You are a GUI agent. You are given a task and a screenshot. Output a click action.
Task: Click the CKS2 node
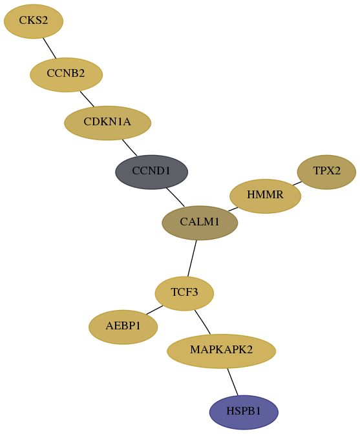click(x=34, y=21)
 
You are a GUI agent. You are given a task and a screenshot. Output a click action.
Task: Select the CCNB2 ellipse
click(x=66, y=75)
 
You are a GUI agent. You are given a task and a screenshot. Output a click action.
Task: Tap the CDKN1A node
click(x=107, y=123)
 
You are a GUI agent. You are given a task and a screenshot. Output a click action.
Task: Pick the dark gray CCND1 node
click(x=151, y=172)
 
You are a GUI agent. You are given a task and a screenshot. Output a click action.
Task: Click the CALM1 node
click(x=200, y=223)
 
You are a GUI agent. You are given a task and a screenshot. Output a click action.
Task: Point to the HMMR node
click(x=265, y=196)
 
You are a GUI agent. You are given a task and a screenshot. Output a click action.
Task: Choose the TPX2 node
click(x=326, y=172)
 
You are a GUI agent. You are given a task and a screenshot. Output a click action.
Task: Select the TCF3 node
click(x=184, y=293)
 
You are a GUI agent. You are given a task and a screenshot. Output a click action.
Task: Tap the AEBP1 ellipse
click(x=123, y=327)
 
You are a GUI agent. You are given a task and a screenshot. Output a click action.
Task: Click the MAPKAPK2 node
click(x=221, y=351)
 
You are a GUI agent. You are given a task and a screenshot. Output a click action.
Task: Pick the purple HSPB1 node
click(x=244, y=412)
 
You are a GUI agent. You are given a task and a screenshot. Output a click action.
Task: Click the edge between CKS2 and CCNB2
click(x=50, y=48)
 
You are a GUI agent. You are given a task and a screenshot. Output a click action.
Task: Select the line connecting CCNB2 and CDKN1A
click(x=87, y=99)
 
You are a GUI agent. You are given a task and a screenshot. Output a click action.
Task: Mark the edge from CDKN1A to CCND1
click(x=129, y=147)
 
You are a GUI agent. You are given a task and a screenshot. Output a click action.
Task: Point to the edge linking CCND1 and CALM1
click(x=175, y=197)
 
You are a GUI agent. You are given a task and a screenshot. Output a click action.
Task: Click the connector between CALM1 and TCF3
click(x=192, y=258)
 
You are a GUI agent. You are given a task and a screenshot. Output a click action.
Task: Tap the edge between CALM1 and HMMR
click(x=233, y=209)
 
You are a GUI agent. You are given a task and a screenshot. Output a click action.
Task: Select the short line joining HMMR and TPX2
click(x=297, y=183)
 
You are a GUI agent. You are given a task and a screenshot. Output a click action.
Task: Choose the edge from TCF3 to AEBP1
click(x=154, y=310)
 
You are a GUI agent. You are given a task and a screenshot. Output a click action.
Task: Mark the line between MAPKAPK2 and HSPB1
click(x=233, y=382)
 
